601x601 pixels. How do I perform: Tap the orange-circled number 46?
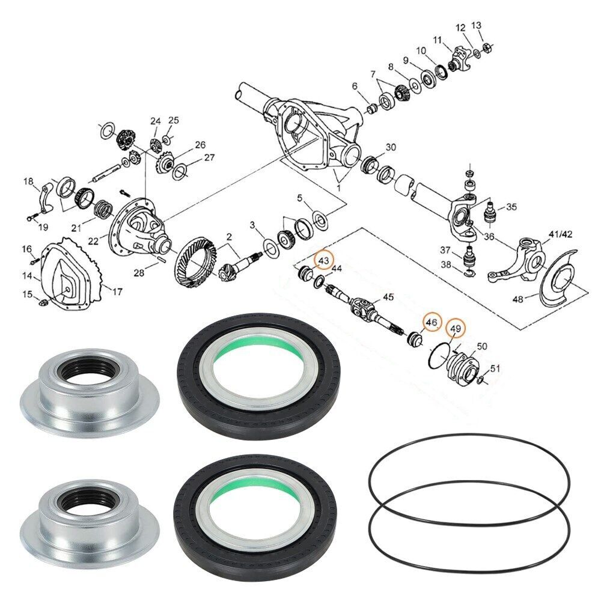point(431,323)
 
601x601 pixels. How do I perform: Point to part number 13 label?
point(477,25)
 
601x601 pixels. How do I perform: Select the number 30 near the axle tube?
point(391,147)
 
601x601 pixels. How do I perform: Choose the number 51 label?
point(495,368)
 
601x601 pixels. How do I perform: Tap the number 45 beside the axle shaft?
point(388,297)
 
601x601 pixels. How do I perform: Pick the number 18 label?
point(28,182)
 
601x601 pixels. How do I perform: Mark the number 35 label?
point(511,207)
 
